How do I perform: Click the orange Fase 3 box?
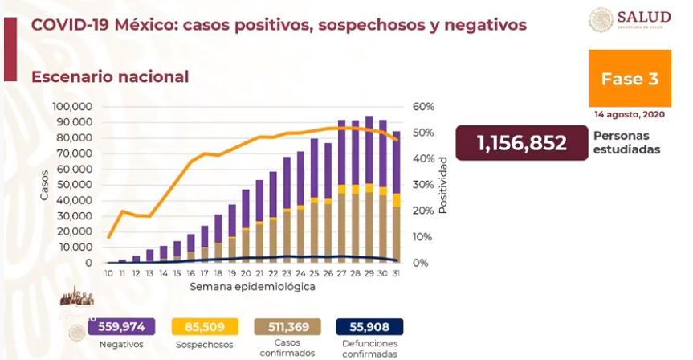click(630, 79)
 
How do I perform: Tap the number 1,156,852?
click(521, 143)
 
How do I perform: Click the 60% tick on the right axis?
click(424, 107)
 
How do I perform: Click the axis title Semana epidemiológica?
click(252, 286)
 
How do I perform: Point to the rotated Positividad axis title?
click(442, 190)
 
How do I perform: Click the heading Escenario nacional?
click(110, 77)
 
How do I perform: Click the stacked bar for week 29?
click(369, 189)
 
